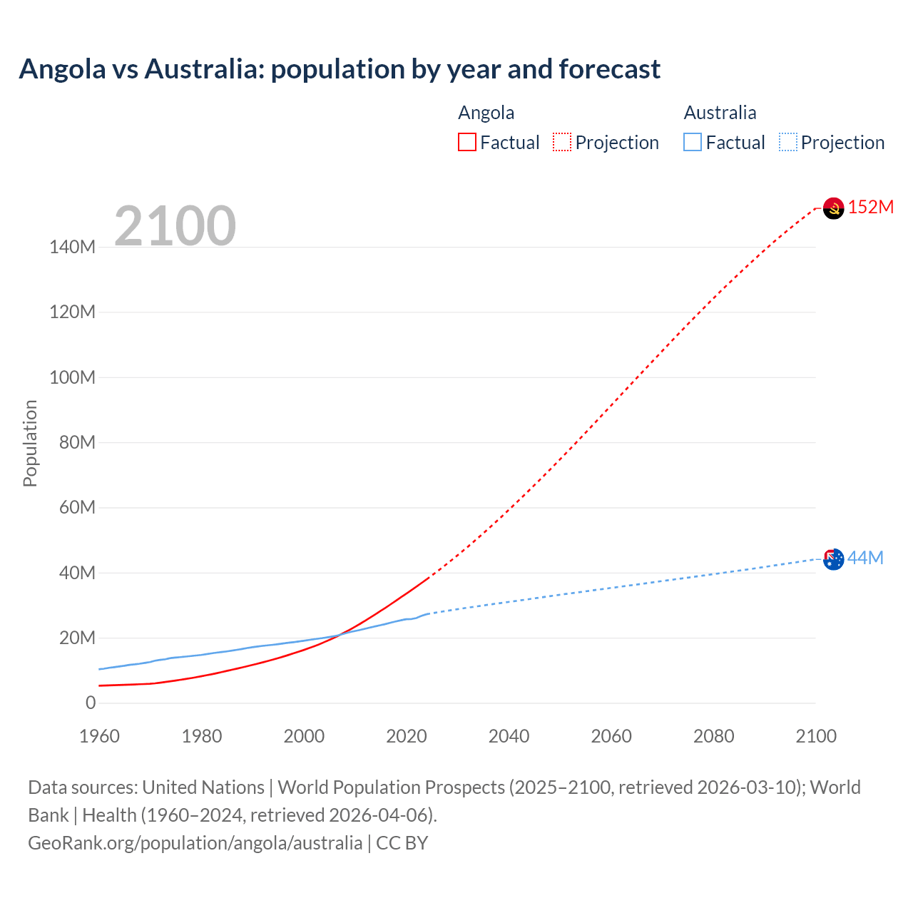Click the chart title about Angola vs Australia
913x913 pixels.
click(340, 69)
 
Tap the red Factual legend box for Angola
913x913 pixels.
click(467, 142)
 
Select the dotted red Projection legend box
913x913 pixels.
click(562, 142)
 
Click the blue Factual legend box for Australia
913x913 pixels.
click(693, 142)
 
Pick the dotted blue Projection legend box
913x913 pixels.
click(787, 142)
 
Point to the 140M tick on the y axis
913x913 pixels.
click(72, 248)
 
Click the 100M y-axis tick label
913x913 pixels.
click(72, 377)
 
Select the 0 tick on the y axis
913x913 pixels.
click(91, 703)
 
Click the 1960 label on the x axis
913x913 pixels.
click(99, 736)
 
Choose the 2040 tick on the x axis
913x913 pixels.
click(509, 736)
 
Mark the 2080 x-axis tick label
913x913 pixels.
click(713, 736)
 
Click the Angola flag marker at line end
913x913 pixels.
click(833, 208)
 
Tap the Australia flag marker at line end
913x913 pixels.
click(833, 559)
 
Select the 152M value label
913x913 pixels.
click(871, 207)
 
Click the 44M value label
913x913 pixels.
click(865, 558)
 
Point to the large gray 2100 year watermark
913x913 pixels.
click(175, 226)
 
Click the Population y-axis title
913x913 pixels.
click(30, 443)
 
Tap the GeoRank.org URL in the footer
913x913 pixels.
click(195, 843)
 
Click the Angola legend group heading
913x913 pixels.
click(486, 113)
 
